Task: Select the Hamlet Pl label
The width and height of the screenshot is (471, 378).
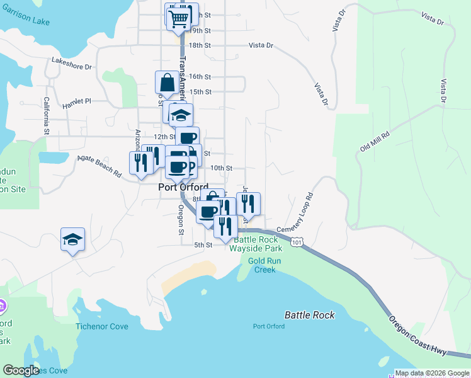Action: [77, 101]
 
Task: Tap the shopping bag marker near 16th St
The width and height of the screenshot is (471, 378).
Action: [166, 83]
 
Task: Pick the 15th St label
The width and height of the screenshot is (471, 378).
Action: [200, 91]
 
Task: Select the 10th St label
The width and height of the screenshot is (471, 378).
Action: [222, 168]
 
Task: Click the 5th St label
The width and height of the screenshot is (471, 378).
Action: [203, 245]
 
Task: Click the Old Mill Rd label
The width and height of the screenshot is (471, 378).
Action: [375, 141]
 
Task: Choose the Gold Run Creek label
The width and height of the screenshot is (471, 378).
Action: [265, 265]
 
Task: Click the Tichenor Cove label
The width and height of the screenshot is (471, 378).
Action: [102, 326]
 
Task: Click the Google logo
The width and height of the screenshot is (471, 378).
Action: [21, 370]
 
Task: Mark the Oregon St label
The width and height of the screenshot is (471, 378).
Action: [181, 220]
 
